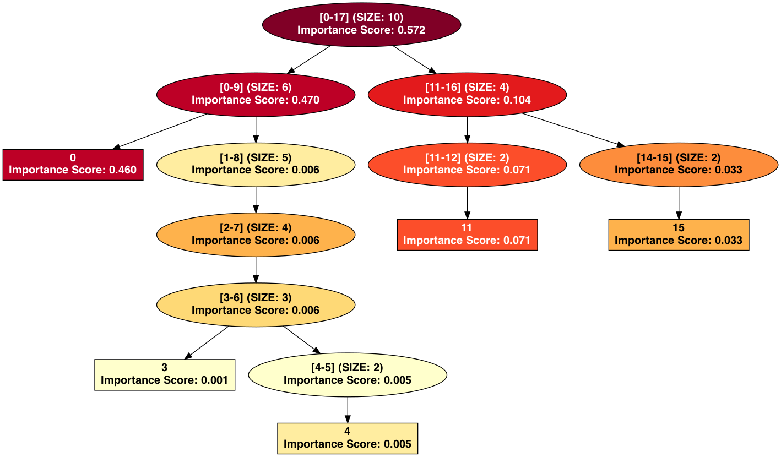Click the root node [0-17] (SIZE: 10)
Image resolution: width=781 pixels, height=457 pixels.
[361, 24]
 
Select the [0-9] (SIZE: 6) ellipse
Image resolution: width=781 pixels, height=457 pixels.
[256, 94]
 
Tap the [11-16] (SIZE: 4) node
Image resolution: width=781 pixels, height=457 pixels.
[467, 94]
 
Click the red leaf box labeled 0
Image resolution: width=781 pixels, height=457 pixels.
[73, 164]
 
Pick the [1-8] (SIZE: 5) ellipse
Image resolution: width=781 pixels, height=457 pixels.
[256, 164]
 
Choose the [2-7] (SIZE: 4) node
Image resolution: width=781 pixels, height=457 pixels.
[256, 234]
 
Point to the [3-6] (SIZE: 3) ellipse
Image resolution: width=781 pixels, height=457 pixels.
[256, 304]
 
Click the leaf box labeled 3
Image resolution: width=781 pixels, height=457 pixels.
[164, 374]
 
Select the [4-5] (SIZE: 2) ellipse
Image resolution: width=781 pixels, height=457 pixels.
[348, 374]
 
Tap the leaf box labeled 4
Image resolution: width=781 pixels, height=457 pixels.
[348, 438]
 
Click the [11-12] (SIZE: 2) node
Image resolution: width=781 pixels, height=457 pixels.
[467, 164]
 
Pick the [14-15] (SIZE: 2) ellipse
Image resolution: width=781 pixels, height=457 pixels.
[679, 164]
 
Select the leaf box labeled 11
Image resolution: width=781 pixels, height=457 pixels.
[467, 234]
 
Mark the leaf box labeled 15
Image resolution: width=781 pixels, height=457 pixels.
[679, 234]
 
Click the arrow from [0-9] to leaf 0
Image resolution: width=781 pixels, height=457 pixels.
[160, 132]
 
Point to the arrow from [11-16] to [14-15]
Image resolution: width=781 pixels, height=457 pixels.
[573, 129]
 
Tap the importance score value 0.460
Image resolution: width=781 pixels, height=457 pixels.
[118, 170]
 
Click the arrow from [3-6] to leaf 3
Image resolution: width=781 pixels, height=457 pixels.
[207, 342]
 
